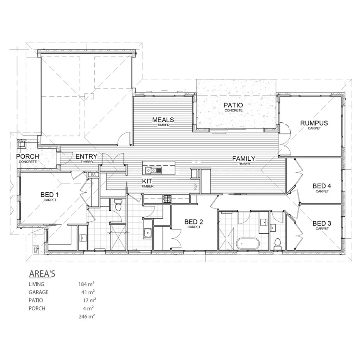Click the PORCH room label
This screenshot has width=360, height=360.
27,156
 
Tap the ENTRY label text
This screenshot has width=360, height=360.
86,156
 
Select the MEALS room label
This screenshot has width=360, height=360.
163,120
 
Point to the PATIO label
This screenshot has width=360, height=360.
233,105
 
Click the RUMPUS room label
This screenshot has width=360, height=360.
314,123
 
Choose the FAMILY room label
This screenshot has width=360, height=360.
243,158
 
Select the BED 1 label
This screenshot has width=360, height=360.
50,194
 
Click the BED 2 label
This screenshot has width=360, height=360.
194,222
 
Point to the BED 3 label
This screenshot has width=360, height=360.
322,223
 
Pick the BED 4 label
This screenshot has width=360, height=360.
322,186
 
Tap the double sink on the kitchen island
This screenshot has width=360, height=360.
151,170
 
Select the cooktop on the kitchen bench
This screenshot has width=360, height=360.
166,199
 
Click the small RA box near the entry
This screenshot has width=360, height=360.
93,175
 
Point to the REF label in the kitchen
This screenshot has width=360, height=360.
195,187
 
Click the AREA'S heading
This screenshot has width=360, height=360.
42,274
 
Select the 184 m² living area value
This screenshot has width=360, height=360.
87,284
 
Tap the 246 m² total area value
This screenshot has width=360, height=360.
87,316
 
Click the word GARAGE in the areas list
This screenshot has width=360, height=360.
38,292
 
